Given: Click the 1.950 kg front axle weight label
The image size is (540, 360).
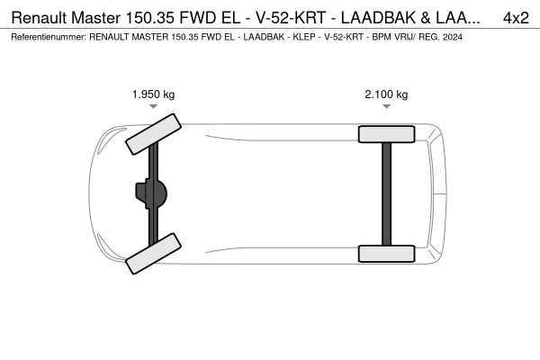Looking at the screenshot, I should pos(153,94).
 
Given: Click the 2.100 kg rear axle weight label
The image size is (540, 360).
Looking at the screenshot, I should pos(385,94).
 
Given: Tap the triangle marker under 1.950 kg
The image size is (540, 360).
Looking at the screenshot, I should pos(154,106).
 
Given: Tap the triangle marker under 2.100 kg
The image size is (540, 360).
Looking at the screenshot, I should pos(386,106).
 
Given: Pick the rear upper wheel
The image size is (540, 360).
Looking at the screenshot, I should pos(386,134).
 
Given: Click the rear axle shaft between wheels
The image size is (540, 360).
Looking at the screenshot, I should pos(386,193).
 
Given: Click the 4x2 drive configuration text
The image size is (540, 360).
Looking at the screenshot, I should pos(516,17).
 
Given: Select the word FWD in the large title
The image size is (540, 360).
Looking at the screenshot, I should pos(213,17).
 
